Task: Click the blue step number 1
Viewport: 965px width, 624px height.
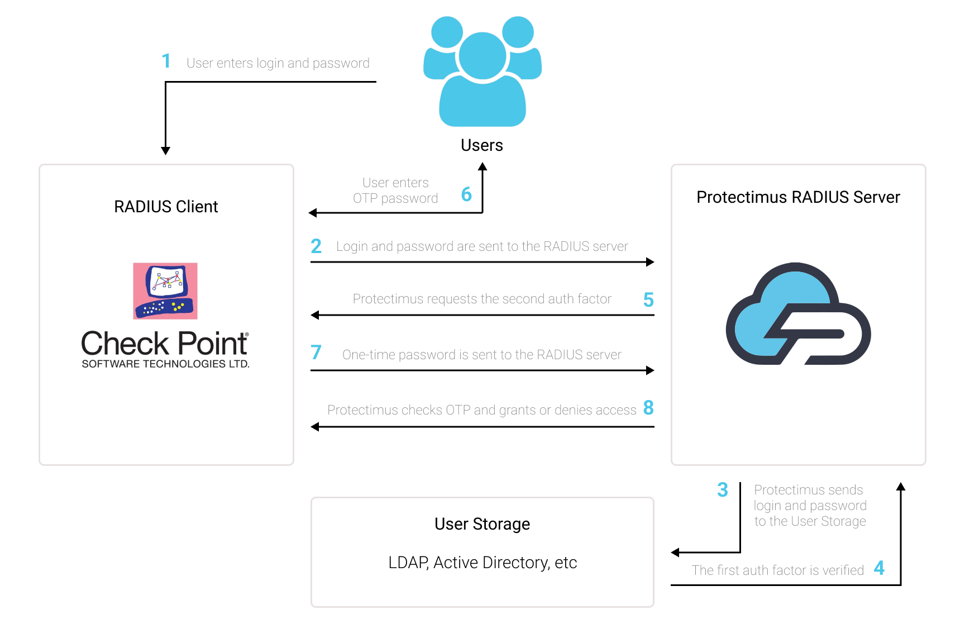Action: click(x=166, y=61)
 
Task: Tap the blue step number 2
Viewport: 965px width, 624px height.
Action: click(x=316, y=246)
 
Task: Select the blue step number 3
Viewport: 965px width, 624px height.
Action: click(x=723, y=490)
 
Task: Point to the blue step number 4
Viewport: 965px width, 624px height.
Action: click(x=879, y=568)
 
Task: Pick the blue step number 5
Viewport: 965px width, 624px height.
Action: click(x=648, y=300)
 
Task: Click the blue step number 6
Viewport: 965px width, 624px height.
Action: click(x=466, y=194)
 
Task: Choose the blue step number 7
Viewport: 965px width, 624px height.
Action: click(x=316, y=353)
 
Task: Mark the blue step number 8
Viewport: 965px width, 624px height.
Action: click(x=648, y=408)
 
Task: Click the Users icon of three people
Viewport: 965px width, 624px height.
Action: click(x=482, y=72)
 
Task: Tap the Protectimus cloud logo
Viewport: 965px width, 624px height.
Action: click(x=798, y=313)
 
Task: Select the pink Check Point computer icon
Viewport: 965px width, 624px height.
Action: click(x=165, y=291)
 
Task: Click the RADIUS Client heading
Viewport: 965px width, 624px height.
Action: click(x=166, y=207)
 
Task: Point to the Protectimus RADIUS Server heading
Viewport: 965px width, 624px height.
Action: click(x=798, y=197)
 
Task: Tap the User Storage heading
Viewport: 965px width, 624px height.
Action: click(x=482, y=525)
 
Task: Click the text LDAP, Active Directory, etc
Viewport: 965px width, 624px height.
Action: click(x=482, y=563)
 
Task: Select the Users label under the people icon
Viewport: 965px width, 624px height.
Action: click(x=482, y=145)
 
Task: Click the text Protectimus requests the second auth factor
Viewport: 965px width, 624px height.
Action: click(x=482, y=299)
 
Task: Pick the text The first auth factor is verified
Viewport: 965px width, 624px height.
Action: click(x=777, y=570)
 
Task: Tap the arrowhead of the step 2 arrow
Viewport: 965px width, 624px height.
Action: click(x=650, y=262)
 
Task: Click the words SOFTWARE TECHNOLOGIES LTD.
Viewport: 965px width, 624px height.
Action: click(x=165, y=364)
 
